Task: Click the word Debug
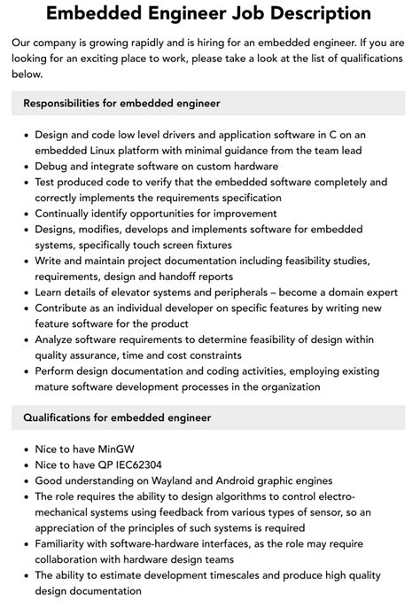pos(52,166)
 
